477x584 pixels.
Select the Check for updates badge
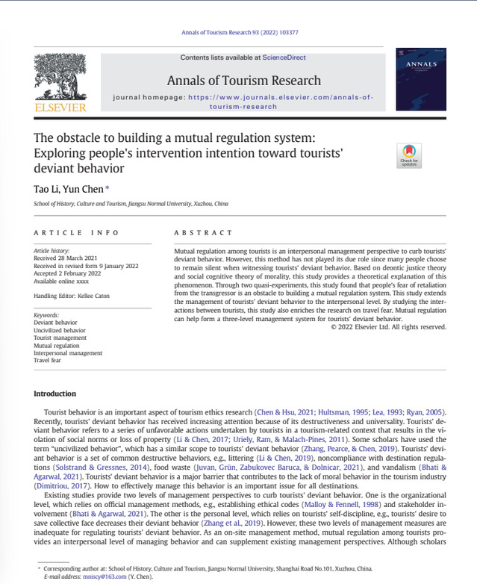409,155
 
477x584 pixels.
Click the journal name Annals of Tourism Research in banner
244,81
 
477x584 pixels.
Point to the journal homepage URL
280,102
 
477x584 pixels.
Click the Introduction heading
55,393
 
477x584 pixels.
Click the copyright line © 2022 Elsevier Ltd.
388,326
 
